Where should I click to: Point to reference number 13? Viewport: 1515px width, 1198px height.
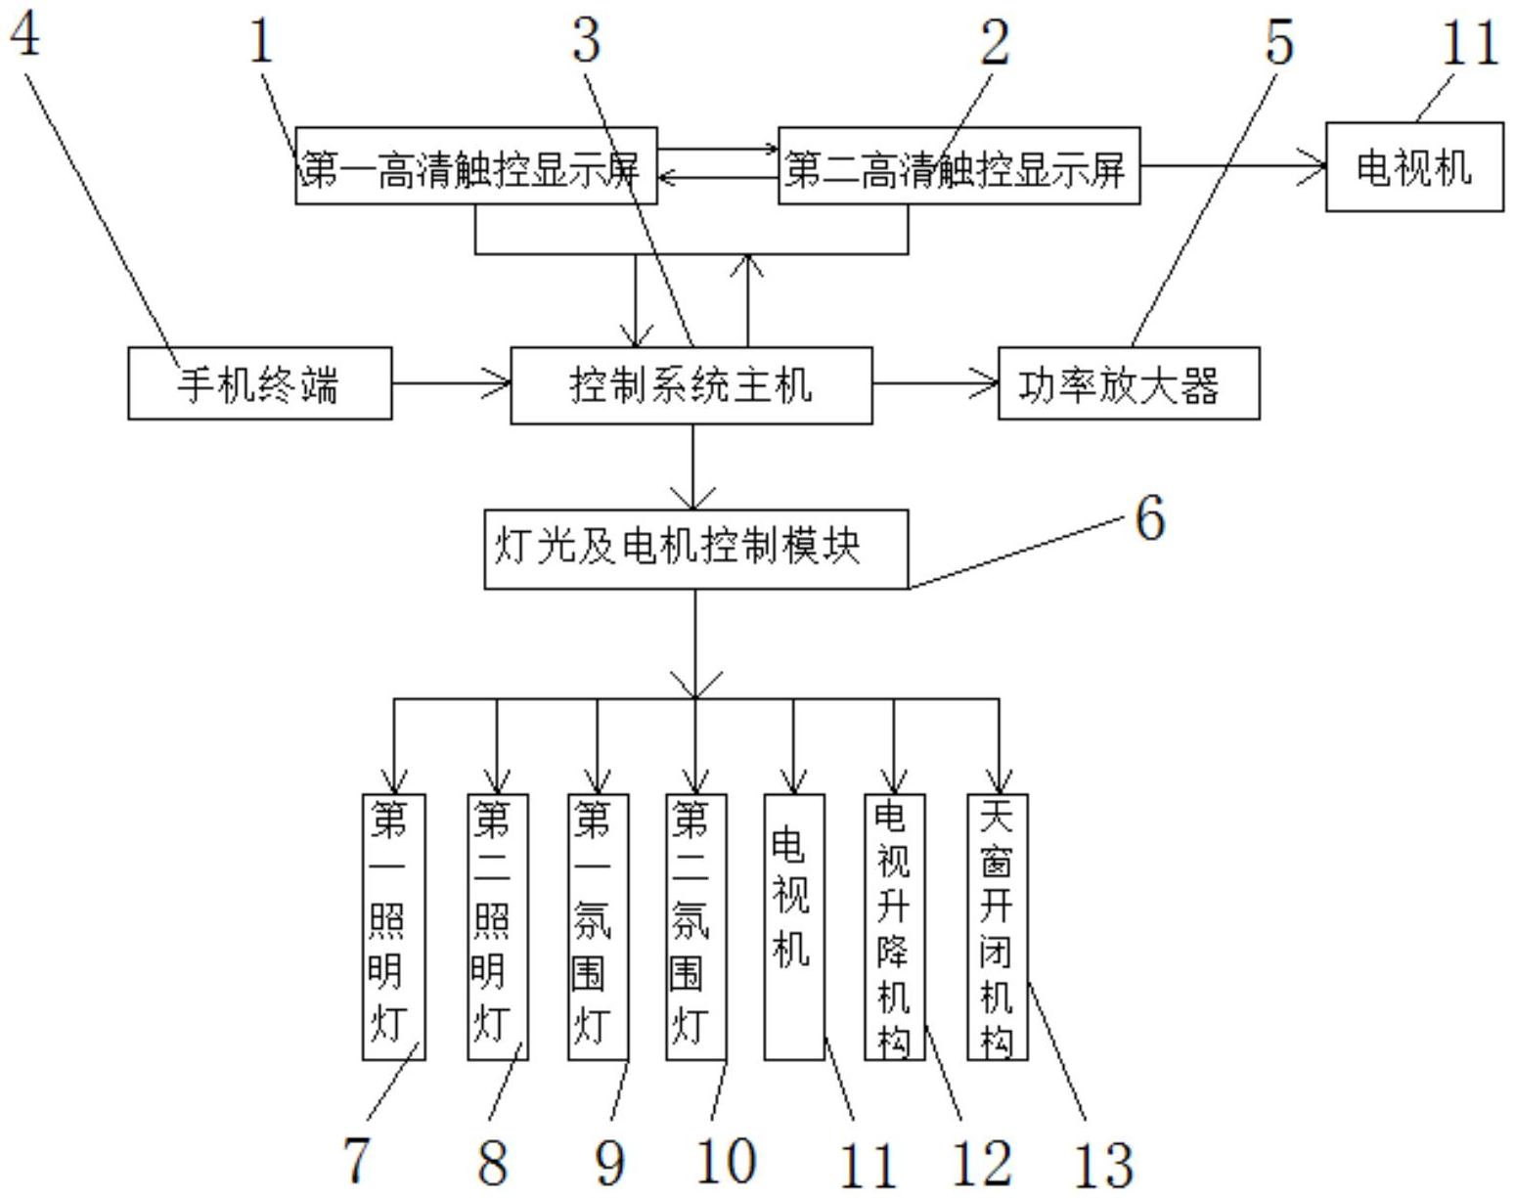[x=1103, y=1165]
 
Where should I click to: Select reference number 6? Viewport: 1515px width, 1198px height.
[x=1150, y=518]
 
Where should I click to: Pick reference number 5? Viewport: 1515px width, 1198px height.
[x=1279, y=41]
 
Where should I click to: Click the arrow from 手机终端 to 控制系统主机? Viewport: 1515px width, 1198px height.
[x=451, y=383]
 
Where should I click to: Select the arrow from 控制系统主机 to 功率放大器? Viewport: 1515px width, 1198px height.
[x=936, y=383]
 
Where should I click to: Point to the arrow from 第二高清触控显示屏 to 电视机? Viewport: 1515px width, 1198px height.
[x=1233, y=167]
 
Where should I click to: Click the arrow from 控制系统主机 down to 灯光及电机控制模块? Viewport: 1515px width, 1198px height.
[x=693, y=467]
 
